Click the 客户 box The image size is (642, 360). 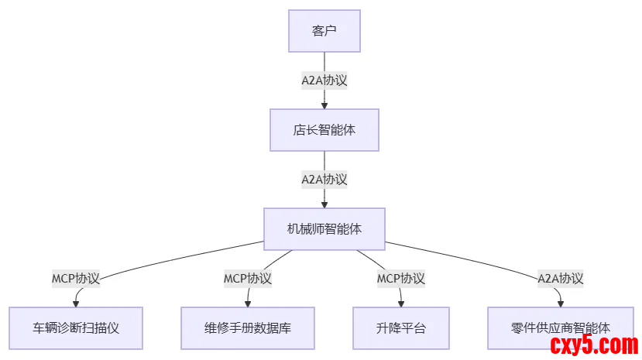coord(324,31)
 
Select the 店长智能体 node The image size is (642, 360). coord(324,129)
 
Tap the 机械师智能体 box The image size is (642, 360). coord(324,228)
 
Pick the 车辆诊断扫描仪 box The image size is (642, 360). coord(76,327)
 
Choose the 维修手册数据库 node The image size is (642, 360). coord(248,327)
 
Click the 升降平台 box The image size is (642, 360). coord(400,327)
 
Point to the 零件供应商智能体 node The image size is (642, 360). coord(561,327)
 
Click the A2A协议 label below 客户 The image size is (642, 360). coord(324,80)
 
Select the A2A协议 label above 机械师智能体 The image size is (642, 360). coord(324,179)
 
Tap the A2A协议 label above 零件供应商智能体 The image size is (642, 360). coord(561,278)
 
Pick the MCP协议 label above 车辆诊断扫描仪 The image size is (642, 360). coord(76,278)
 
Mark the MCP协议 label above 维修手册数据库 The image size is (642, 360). coord(248,278)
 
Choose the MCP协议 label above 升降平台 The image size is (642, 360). coord(400,278)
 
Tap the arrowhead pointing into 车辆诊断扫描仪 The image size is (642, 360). coord(76,303)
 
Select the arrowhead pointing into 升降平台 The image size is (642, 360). coord(401,303)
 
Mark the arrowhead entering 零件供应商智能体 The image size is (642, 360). coord(561,303)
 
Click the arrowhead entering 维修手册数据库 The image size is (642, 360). coord(248,303)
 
